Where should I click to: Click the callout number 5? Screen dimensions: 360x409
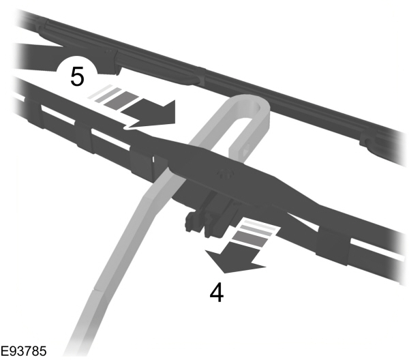(x=78, y=76)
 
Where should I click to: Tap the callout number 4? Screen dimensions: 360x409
(x=215, y=292)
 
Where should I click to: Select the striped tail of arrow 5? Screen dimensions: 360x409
(x=109, y=97)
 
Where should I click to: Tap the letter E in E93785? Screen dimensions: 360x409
(x=5, y=352)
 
